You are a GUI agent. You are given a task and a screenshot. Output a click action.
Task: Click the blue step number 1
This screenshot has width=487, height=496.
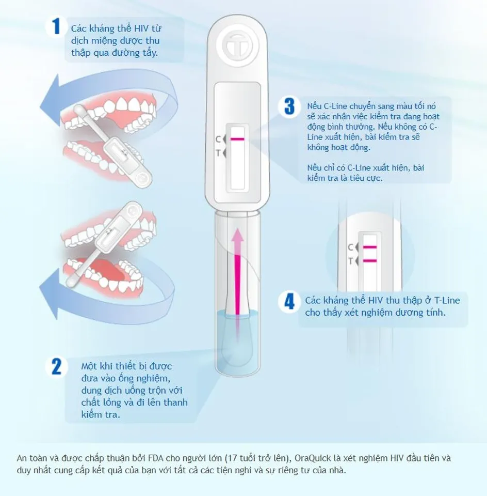pyautogui.click(x=56, y=26)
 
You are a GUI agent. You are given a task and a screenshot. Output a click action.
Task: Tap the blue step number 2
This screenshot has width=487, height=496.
pyautogui.click(x=57, y=367)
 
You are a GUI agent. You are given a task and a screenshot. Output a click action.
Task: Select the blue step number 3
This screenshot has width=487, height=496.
pyautogui.click(x=289, y=106)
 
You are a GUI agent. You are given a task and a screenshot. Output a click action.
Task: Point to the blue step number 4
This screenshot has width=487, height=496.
pyautogui.click(x=289, y=301)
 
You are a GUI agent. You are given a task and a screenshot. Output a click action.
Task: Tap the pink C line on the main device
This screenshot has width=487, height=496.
pyautogui.click(x=237, y=139)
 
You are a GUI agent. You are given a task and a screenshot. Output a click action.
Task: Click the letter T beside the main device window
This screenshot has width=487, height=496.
pyautogui.click(x=218, y=153)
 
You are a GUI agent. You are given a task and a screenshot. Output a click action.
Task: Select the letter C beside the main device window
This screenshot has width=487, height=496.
pyautogui.click(x=218, y=139)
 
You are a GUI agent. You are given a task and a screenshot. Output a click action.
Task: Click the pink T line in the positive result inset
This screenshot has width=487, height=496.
pyautogui.click(x=369, y=260)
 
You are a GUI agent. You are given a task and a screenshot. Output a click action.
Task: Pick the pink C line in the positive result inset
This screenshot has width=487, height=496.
pyautogui.click(x=369, y=247)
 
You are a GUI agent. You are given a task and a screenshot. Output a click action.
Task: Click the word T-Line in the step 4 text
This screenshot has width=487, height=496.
pyautogui.click(x=447, y=300)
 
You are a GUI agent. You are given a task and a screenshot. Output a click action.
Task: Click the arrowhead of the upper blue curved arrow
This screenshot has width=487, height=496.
pyautogui.click(x=52, y=101)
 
